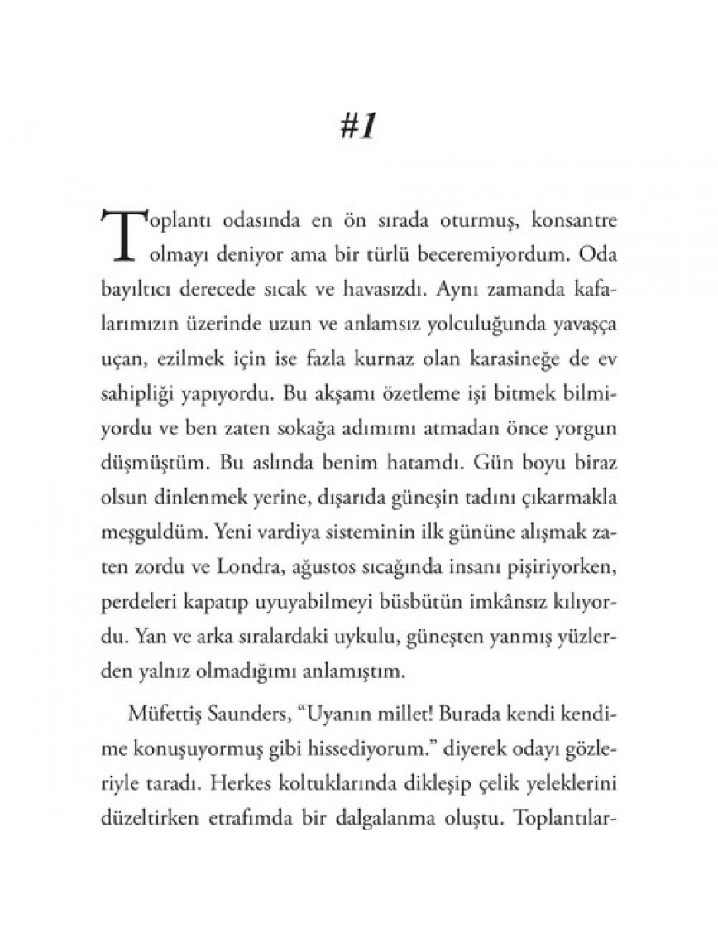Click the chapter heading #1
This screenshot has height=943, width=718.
(358, 129)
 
